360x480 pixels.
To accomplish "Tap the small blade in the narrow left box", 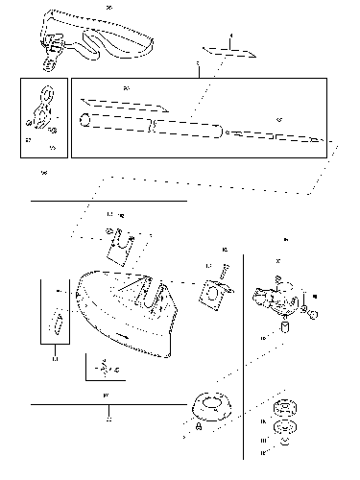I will (56, 322).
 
